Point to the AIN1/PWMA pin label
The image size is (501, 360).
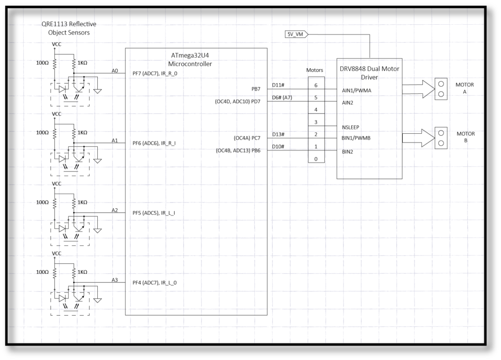[357, 90]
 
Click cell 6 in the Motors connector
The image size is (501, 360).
[316, 85]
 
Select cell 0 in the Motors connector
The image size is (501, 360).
[316, 159]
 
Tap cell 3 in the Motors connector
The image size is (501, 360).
[316, 122]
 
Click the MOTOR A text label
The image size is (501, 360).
[465, 89]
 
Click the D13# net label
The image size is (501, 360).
[278, 134]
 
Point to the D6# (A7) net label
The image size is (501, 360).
[282, 97]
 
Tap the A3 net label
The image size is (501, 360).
[115, 280]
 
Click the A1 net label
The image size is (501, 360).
[115, 140]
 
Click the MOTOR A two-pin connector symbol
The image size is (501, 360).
[441, 89]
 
